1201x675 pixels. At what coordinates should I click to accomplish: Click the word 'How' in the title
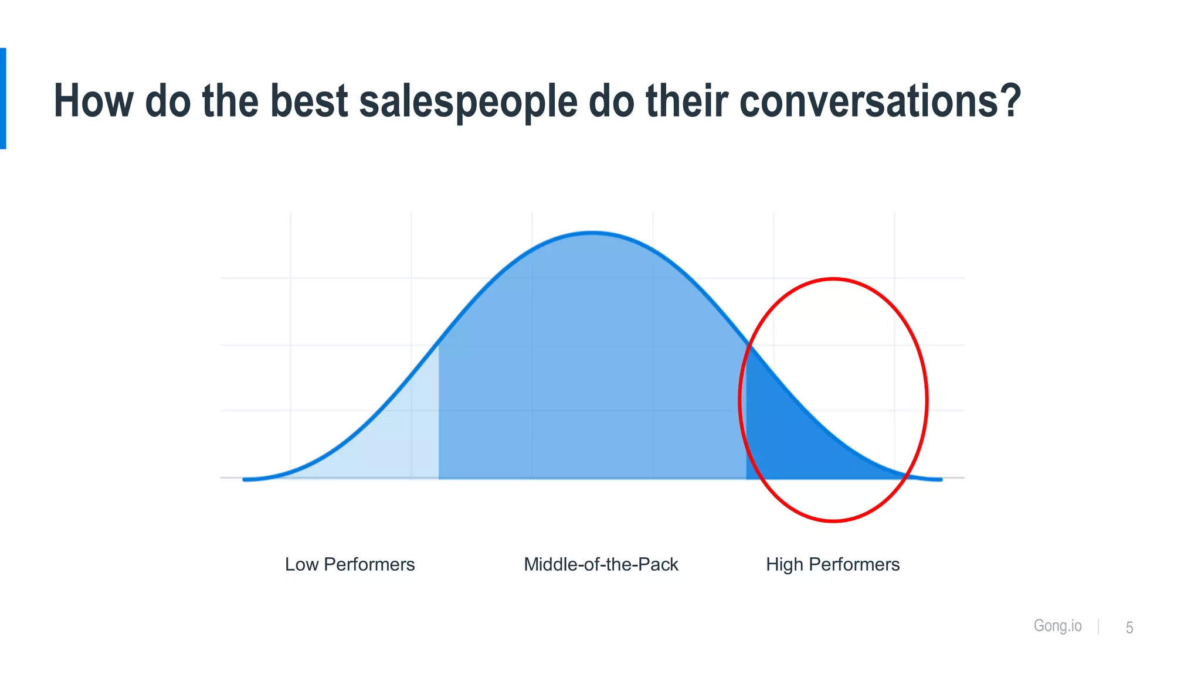[x=93, y=101]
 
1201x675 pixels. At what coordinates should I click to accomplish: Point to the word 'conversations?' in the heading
[x=880, y=101]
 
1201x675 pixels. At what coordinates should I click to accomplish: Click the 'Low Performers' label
[x=350, y=564]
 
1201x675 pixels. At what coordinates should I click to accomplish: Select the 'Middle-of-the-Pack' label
[x=600, y=564]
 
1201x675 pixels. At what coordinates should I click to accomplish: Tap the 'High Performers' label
[x=833, y=564]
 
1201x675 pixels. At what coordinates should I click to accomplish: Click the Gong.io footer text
[x=1057, y=626]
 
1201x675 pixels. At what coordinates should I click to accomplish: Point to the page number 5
[x=1129, y=628]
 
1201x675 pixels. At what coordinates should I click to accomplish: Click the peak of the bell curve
[x=592, y=233]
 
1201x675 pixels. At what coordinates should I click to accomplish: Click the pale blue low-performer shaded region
[x=399, y=439]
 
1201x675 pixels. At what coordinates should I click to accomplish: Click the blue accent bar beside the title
[x=3, y=98]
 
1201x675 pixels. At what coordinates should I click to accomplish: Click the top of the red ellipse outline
[x=833, y=279]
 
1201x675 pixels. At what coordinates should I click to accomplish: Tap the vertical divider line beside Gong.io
[x=1098, y=626]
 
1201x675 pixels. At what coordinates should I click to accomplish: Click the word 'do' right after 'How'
[x=168, y=101]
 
